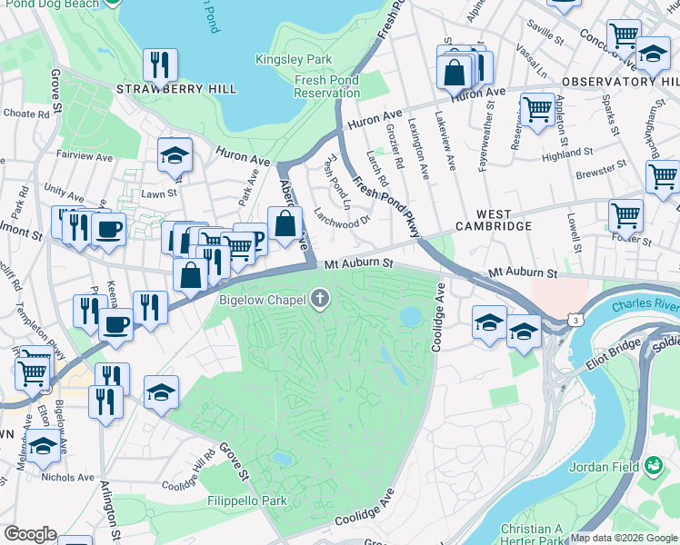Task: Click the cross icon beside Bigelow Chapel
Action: [x=319, y=299]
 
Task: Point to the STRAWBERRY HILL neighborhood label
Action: [x=176, y=89]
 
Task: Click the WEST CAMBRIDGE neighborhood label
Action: [x=493, y=225]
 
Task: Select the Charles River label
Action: [x=645, y=305]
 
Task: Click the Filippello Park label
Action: [x=245, y=500]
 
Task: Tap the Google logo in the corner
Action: [x=30, y=534]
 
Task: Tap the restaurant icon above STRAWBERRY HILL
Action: [x=159, y=64]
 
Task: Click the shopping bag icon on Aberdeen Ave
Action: [x=285, y=223]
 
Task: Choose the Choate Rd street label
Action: [x=26, y=114]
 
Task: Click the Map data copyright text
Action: [x=624, y=538]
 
